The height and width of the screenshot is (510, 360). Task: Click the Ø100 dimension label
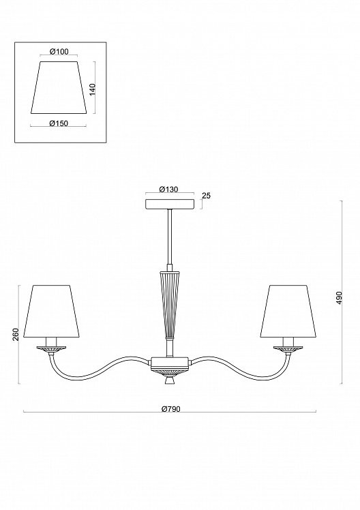[59, 51]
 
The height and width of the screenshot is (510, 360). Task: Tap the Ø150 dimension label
[59, 123]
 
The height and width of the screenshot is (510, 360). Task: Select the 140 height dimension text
[93, 89]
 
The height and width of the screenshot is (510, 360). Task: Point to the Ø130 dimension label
[169, 190]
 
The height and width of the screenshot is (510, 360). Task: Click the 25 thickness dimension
[206, 196]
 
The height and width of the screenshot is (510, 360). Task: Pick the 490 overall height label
[339, 297]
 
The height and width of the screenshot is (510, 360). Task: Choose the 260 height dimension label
[16, 334]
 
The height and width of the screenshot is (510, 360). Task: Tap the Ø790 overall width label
[170, 409]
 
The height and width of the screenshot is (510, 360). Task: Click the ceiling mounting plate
[169, 204]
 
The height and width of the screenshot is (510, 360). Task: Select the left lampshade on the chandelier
[51, 312]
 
